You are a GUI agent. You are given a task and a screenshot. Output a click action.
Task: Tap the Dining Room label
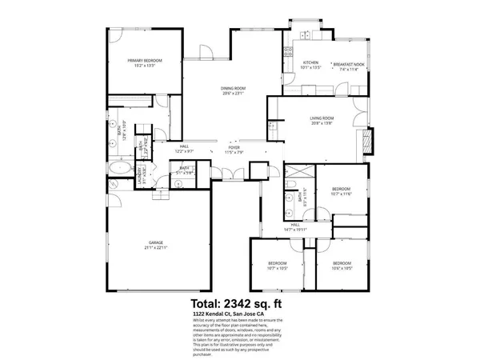point(233,91)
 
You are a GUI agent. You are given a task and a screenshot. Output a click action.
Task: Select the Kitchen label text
point(310,65)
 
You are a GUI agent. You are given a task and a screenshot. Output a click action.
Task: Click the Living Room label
point(322,122)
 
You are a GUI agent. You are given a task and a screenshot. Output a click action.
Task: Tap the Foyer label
point(234,150)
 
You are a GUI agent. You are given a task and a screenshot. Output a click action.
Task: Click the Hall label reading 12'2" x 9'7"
point(184,149)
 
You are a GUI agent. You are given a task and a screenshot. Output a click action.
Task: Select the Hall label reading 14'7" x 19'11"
point(295,227)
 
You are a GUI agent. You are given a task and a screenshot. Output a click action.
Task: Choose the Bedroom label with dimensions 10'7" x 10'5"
point(278,266)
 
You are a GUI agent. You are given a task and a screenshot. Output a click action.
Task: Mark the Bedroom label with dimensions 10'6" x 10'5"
point(342,266)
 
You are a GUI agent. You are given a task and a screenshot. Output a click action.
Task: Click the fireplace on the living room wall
point(368,142)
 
